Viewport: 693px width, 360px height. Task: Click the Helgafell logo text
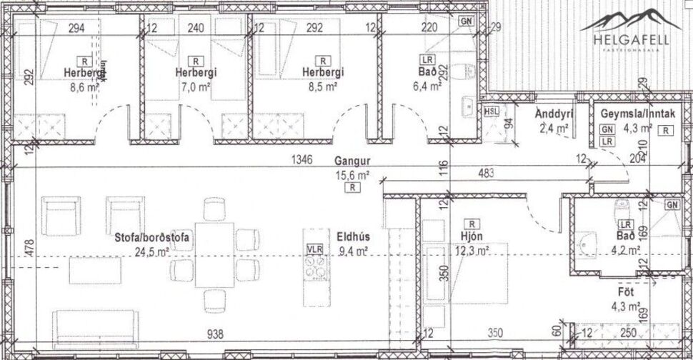(632, 41)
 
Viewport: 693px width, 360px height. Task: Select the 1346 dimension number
(302, 161)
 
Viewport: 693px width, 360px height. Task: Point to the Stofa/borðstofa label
(151, 239)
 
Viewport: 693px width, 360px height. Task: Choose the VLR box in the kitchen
(315, 249)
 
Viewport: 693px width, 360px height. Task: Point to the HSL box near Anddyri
(492, 111)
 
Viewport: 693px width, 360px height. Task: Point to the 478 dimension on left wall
(29, 249)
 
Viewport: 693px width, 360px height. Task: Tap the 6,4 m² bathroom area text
(428, 85)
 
